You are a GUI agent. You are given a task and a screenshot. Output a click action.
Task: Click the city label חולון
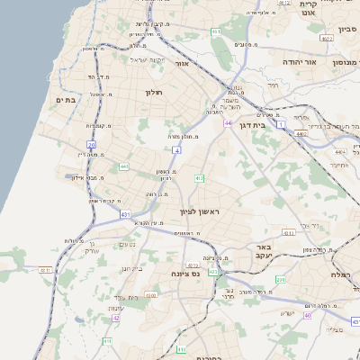click(152, 91)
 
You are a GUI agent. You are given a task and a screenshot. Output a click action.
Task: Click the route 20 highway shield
click(92, 144)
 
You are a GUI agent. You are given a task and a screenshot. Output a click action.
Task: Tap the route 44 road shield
click(229, 122)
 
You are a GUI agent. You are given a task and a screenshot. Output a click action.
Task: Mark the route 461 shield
click(216, 31)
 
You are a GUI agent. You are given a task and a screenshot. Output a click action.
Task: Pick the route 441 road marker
click(123, 166)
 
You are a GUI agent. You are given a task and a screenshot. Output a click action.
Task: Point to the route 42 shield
click(115, 318)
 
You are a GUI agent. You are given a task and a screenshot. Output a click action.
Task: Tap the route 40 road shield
click(308, 315)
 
